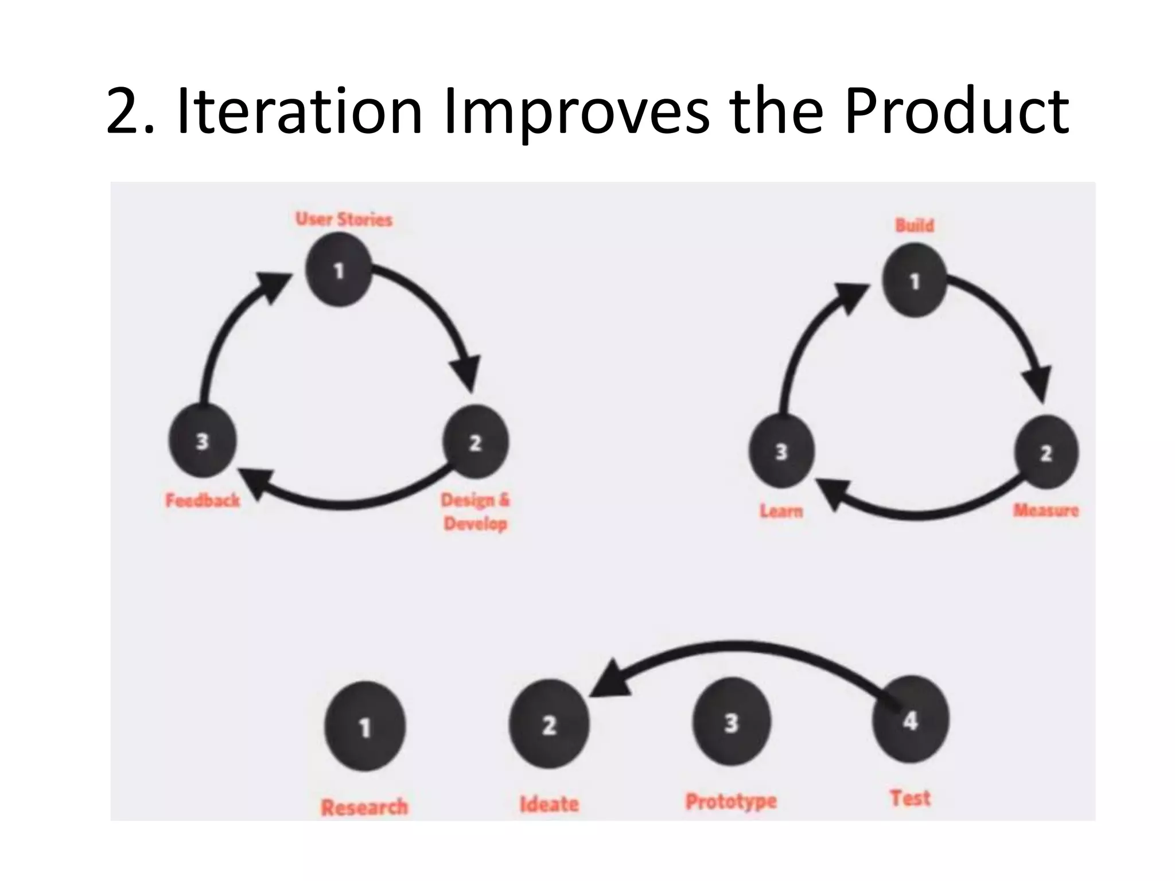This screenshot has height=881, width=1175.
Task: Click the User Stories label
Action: (x=344, y=220)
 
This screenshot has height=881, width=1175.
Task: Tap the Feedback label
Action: (x=203, y=501)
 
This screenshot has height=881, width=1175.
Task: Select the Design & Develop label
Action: (x=475, y=512)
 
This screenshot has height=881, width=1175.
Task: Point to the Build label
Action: (x=915, y=225)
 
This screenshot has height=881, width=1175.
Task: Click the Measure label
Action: (x=1045, y=510)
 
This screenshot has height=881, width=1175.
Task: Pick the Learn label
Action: (x=781, y=511)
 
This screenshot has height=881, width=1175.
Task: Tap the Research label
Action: (x=364, y=807)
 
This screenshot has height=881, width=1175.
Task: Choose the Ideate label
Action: (x=549, y=804)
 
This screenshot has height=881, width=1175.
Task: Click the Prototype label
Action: (x=731, y=801)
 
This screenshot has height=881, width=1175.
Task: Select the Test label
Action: (x=910, y=798)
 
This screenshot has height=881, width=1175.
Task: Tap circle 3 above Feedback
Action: (x=202, y=441)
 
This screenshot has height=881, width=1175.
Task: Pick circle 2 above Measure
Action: (x=1046, y=453)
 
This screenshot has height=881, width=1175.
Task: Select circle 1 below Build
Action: (x=915, y=280)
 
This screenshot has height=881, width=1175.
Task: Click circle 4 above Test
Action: (x=910, y=720)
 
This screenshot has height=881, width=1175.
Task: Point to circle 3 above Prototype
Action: (x=731, y=723)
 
